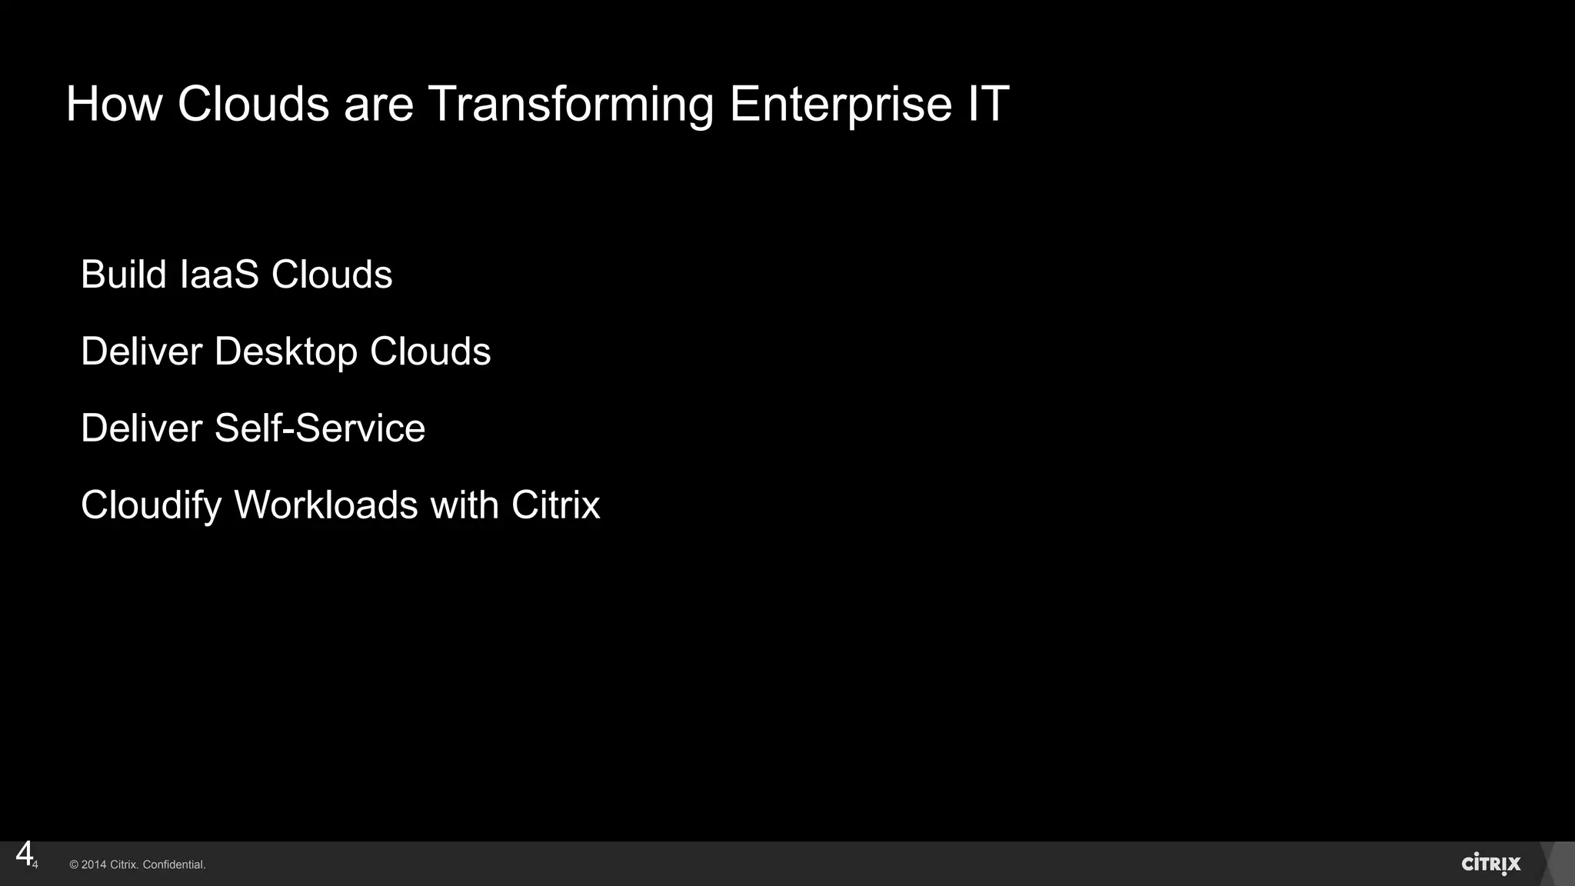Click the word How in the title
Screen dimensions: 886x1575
(114, 104)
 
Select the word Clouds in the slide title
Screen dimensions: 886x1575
(253, 104)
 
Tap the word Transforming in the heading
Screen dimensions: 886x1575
(570, 105)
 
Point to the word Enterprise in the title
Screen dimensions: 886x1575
(840, 105)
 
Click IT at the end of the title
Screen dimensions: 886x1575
(988, 104)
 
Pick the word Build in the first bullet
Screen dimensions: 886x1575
(124, 275)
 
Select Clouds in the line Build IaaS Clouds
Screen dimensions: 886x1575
(331, 275)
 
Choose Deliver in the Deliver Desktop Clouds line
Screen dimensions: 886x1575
(142, 351)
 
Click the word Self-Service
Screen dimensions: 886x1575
(319, 428)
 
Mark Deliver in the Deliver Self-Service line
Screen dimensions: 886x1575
(142, 428)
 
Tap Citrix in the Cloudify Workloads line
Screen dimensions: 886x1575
(555, 505)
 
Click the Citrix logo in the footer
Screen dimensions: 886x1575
(1490, 864)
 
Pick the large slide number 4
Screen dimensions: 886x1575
(24, 854)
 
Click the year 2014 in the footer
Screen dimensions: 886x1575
(94, 865)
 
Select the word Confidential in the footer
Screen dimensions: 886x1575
(174, 865)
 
